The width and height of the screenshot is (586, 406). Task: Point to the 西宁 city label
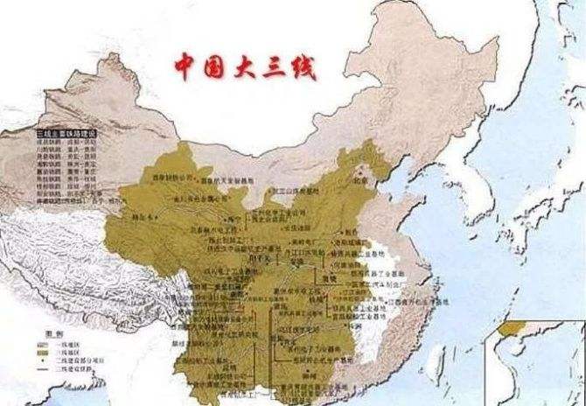click(208, 218)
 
